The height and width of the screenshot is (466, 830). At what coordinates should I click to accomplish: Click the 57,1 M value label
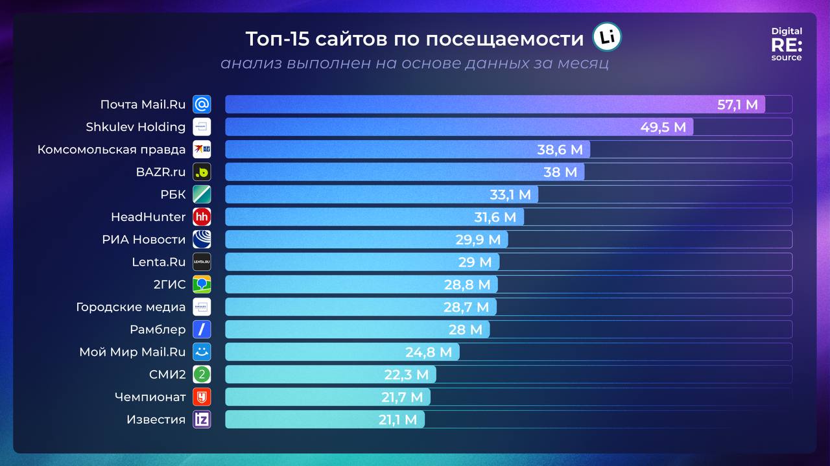point(737,104)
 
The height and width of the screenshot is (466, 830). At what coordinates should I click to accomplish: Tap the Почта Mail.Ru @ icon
point(202,104)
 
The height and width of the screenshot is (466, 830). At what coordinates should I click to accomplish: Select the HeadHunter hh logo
point(202,217)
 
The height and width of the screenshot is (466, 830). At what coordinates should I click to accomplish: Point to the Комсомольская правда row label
point(112,150)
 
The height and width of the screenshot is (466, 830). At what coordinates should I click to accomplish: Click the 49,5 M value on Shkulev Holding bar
point(663,127)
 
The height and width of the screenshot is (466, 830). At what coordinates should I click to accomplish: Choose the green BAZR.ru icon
point(202,172)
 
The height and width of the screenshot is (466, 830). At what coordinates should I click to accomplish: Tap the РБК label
point(172,194)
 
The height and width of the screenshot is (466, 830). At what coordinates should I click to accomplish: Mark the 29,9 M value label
point(478,240)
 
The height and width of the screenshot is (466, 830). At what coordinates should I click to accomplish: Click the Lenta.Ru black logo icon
point(202,262)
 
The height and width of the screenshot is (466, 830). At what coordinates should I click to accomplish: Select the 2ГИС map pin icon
point(202,285)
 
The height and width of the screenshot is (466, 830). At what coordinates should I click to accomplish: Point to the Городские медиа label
point(130,307)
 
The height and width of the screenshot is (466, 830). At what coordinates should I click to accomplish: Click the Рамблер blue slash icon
point(202,329)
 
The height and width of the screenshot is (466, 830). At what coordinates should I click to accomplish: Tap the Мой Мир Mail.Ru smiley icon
point(202,352)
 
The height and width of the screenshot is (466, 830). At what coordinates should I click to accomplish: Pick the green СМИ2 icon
point(202,375)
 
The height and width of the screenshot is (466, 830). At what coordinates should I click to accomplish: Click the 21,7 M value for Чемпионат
point(402,397)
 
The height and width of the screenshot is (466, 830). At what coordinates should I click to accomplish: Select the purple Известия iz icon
point(202,419)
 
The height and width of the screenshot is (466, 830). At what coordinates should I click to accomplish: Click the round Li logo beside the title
point(607,38)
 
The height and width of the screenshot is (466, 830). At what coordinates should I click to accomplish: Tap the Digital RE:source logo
point(787,44)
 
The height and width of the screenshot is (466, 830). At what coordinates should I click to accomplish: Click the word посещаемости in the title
point(504,39)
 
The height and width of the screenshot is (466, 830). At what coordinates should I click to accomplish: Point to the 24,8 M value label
point(429,352)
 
